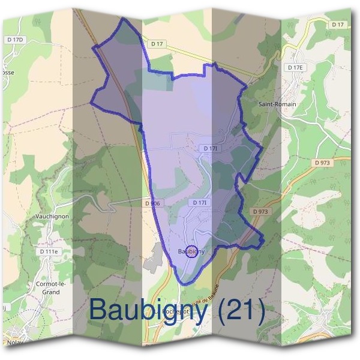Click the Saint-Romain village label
pos(277,104)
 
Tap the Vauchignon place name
pos(52,216)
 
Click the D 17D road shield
pos(17,40)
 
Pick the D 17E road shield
pos(295,68)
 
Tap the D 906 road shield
pos(153,203)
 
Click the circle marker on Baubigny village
pos(191,252)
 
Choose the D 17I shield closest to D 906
pos(200,203)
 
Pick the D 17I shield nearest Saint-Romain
pos(209,148)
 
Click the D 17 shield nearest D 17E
pos(337,25)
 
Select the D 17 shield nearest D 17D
pos(157,44)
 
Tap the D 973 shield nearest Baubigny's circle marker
pos(260,211)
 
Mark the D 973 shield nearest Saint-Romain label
pos(322,163)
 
